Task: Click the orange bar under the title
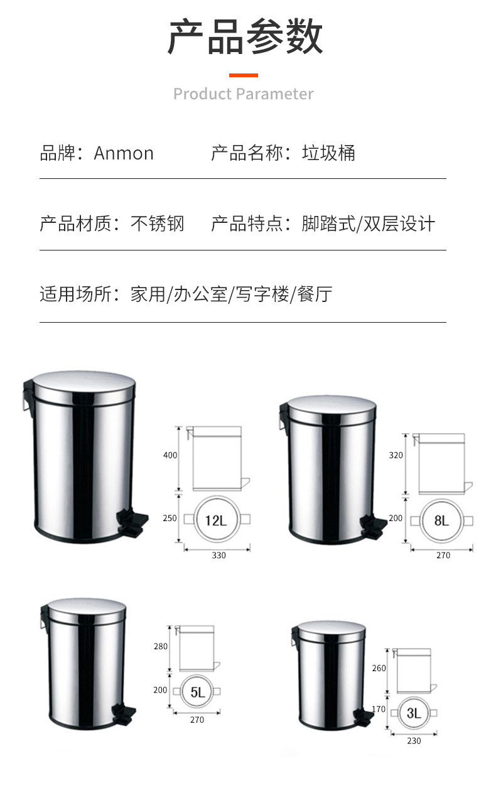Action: (244, 75)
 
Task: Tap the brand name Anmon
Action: (124, 153)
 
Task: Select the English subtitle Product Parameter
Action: (244, 94)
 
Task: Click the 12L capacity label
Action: (216, 520)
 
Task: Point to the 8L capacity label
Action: (441, 520)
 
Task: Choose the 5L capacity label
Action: (198, 692)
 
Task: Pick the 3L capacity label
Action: (414, 713)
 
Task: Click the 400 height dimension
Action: (170, 455)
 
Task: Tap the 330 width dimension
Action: (218, 555)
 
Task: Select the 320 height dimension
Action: (396, 455)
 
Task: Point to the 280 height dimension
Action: (161, 646)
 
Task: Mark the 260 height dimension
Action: (379, 668)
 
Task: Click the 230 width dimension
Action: (414, 741)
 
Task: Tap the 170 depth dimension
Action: (379, 709)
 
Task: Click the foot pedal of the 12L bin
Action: (132, 523)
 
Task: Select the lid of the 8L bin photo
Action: (331, 408)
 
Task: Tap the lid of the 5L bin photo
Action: (87, 610)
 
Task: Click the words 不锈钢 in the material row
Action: (158, 224)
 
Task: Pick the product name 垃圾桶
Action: (328, 153)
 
